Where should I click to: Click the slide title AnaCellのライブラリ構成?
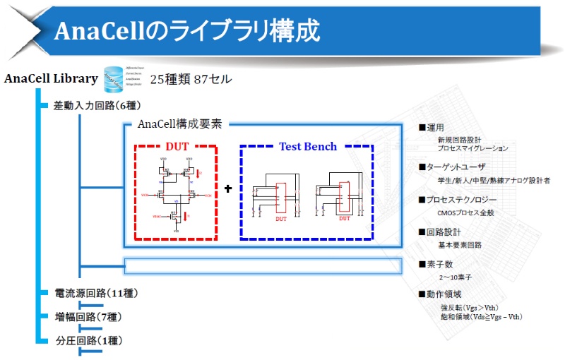[187, 30]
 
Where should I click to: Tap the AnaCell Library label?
[51, 78]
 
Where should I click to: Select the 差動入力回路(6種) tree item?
[97, 106]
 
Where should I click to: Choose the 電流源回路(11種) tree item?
[96, 293]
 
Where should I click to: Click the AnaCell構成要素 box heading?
[180, 124]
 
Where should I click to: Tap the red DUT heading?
[177, 147]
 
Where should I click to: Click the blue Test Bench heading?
[308, 147]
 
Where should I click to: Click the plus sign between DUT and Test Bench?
[228, 189]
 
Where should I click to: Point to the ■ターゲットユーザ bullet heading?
[452, 167]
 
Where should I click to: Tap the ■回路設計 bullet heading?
[439, 232]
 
